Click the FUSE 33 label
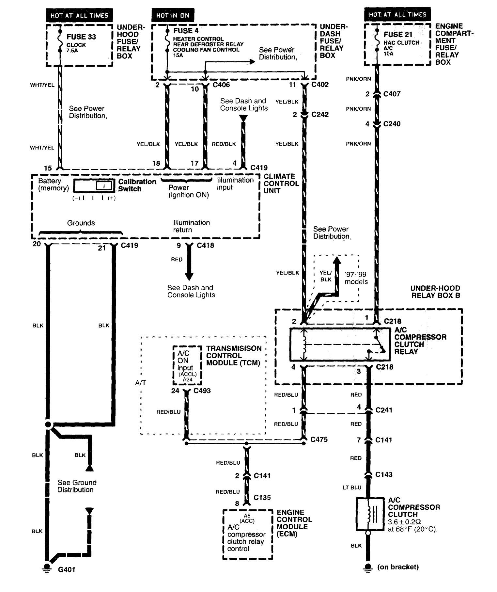pos(81,37)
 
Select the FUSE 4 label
pos(186,31)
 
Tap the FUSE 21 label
pos(398,35)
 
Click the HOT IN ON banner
pos(173,15)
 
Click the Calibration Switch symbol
pos(94,186)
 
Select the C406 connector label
pos(221,85)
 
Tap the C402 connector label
pos(320,85)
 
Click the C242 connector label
pos(320,115)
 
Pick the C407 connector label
pos(392,94)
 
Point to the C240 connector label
pos(392,124)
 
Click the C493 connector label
pos(202,391)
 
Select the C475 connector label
pos(319,440)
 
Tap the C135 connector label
pos(262,498)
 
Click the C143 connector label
pos(384,474)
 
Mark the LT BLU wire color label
pos(352,488)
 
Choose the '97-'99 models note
pos(356,278)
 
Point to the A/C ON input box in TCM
pos(187,365)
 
